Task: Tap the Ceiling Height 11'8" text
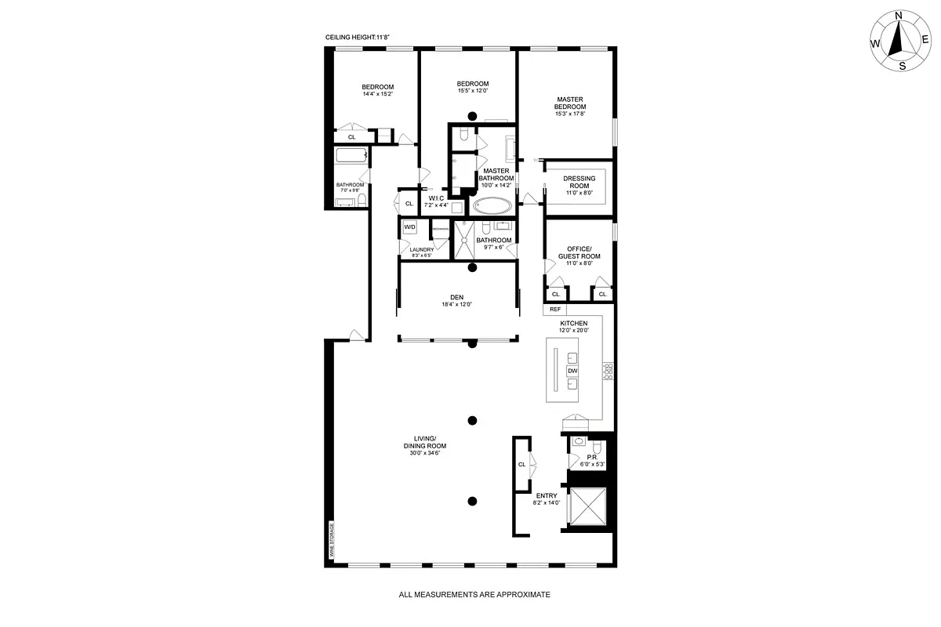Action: tap(358, 37)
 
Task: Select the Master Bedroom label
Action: tap(570, 103)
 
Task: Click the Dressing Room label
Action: tap(579, 182)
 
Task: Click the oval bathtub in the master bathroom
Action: tap(492, 207)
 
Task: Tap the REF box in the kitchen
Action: tap(557, 309)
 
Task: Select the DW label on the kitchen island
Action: tap(572, 371)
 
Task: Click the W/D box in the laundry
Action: tap(409, 227)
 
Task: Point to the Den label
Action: tap(457, 297)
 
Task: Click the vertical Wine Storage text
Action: tap(331, 544)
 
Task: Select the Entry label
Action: tap(547, 495)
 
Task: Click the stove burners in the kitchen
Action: tap(607, 371)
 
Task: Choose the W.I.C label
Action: tap(437, 198)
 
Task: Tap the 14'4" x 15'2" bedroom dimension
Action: tap(377, 94)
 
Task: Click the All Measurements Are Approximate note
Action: tap(474, 595)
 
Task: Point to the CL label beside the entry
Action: tap(521, 464)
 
